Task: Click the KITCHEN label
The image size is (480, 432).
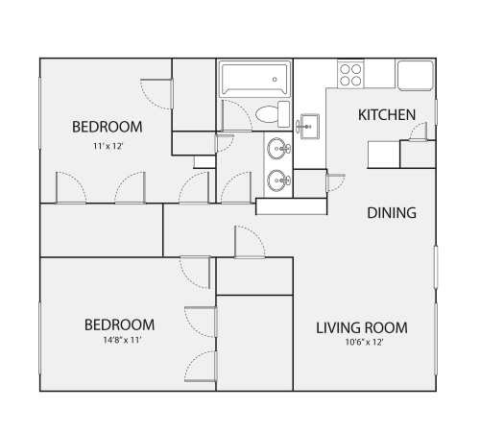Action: click(387, 115)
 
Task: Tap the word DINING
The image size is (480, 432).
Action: click(392, 213)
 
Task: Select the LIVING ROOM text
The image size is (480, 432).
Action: click(362, 328)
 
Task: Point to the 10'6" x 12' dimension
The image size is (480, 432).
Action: click(364, 343)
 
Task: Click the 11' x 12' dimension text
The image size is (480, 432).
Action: click(108, 146)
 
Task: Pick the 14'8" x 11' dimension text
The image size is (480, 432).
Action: click(122, 340)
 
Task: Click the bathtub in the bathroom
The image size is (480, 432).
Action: click(254, 80)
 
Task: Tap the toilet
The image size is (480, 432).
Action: click(273, 114)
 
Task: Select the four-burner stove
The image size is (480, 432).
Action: click(350, 74)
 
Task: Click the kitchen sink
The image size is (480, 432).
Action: click(309, 127)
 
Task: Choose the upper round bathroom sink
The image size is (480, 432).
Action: click(278, 149)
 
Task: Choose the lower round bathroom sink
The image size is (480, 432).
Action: click(278, 180)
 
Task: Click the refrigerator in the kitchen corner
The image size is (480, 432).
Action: click(416, 76)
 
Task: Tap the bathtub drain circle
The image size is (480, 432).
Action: click(275, 80)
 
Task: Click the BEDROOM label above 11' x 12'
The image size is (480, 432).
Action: click(108, 127)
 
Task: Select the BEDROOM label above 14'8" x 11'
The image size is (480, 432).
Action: click(119, 324)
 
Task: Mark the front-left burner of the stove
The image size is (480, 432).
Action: click(345, 81)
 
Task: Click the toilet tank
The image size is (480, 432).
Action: click(283, 114)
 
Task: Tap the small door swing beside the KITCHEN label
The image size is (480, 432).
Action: click(420, 132)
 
